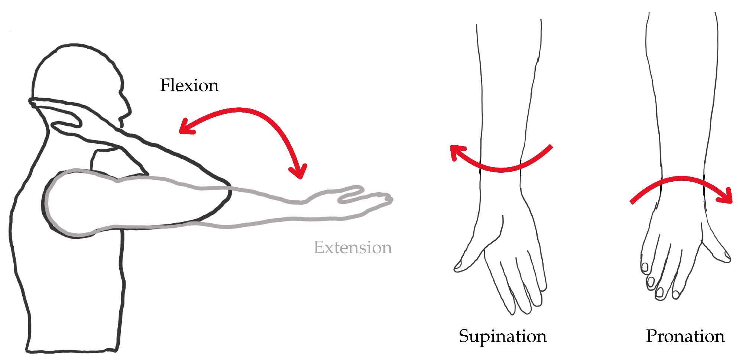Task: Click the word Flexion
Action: [189, 85]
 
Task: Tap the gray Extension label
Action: [353, 247]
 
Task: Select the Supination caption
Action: [502, 337]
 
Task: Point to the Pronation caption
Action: [685, 336]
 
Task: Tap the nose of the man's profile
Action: [129, 110]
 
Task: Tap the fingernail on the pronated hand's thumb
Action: [726, 255]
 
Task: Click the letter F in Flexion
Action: [165, 85]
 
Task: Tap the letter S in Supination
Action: [464, 336]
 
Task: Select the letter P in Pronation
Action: [651, 336]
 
